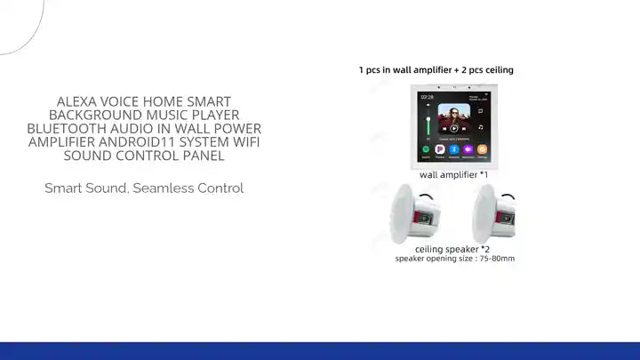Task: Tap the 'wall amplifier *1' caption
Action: tap(453, 175)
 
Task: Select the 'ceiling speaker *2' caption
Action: tap(452, 249)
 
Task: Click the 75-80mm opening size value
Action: tap(495, 259)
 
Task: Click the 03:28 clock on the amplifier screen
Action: tap(428, 96)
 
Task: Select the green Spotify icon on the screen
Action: tap(427, 150)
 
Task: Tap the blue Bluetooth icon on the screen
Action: tap(453, 150)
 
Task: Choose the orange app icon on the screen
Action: tap(481, 150)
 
